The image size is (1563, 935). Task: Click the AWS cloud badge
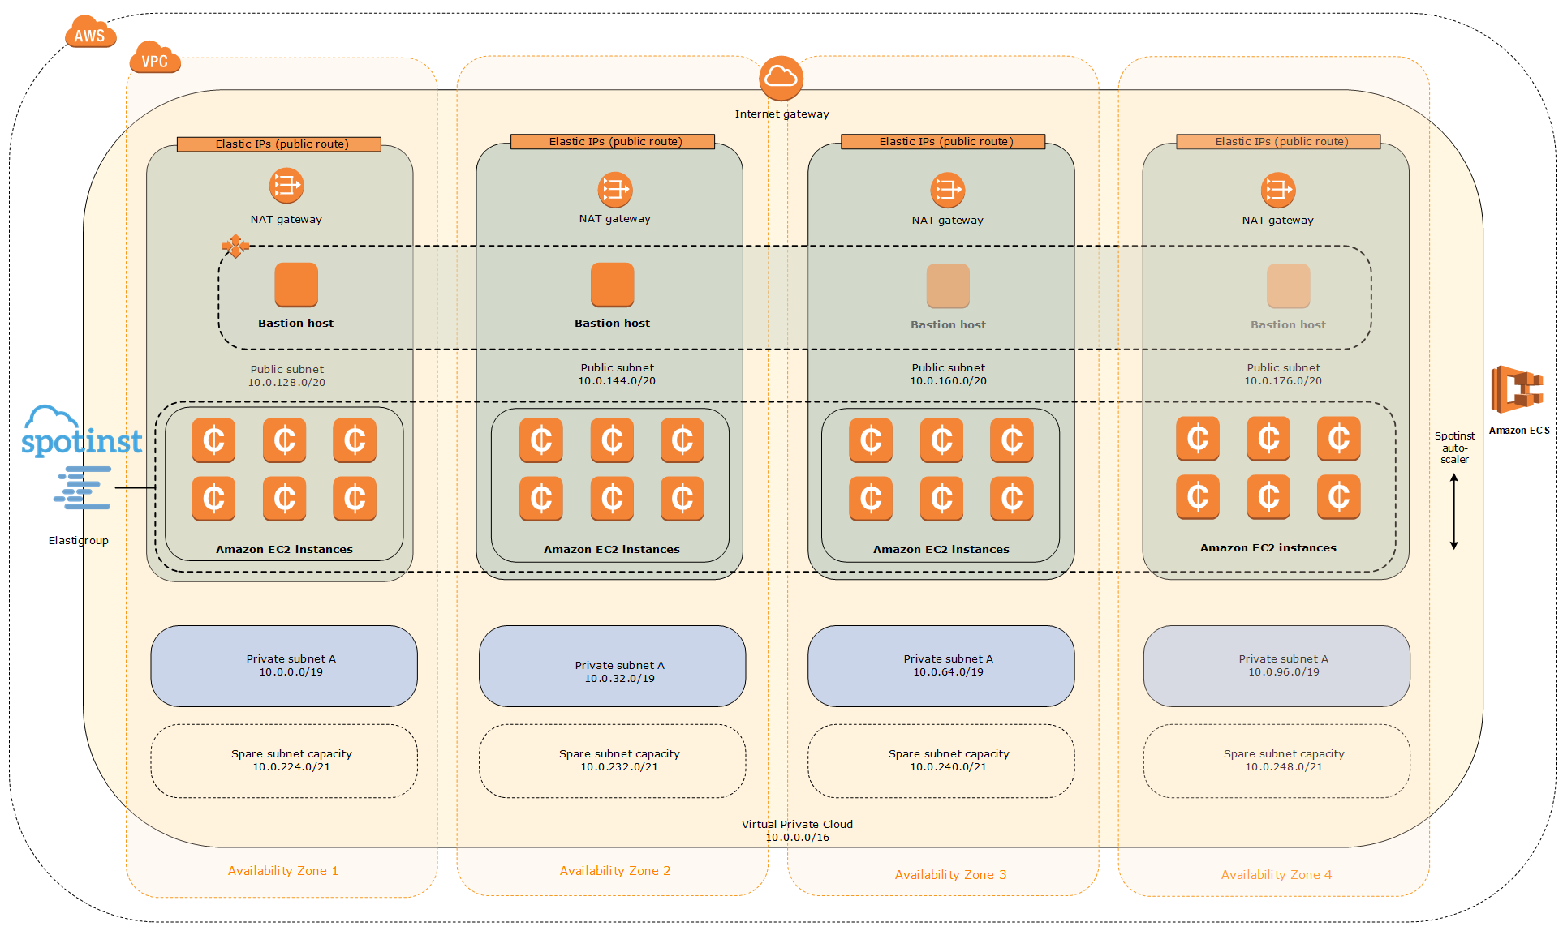[90, 33]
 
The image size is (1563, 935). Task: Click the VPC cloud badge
[154, 59]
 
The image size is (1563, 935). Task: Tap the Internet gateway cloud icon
[781, 78]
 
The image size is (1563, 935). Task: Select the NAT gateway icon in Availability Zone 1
[286, 186]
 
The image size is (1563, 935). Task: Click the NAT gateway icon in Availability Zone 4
[1277, 190]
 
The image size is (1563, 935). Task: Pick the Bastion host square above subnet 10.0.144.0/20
[612, 284]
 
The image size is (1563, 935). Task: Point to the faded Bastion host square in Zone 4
[1288, 285]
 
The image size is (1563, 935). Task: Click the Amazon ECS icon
[1516, 390]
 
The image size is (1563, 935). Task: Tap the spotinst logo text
[81, 441]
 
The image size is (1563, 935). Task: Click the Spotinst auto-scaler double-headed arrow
[1453, 512]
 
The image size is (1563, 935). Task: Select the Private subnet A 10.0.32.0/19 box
[612, 666]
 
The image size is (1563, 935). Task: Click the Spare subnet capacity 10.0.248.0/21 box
[1276, 761]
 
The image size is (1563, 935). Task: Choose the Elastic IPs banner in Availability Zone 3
[943, 142]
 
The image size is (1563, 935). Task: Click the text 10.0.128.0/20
[286, 383]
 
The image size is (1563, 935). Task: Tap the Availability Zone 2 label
[614, 871]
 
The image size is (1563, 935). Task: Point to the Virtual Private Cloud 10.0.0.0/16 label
[796, 830]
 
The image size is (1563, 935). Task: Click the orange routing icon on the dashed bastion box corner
[235, 246]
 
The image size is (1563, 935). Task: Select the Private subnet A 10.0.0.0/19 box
[284, 666]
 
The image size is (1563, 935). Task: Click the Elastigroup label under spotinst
[78, 541]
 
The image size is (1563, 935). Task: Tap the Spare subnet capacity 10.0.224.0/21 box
[284, 761]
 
